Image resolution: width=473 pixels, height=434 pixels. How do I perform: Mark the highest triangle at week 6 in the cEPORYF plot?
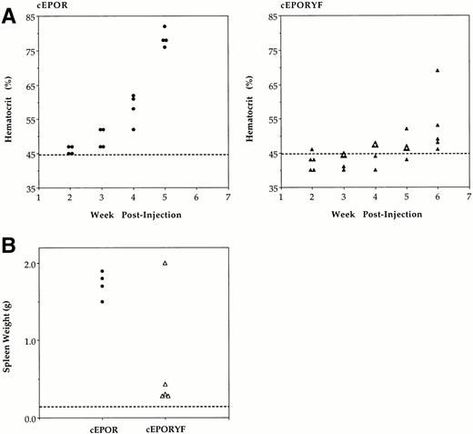pos(438,70)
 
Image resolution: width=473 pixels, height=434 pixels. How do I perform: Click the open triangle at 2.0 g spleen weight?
pos(165,263)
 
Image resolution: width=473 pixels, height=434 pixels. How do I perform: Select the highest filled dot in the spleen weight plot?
pos(102,271)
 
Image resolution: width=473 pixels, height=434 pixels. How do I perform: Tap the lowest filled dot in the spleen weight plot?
pos(102,301)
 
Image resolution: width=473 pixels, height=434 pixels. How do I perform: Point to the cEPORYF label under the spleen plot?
pos(165,429)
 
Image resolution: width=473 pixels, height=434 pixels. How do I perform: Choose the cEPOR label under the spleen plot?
pos(102,429)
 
